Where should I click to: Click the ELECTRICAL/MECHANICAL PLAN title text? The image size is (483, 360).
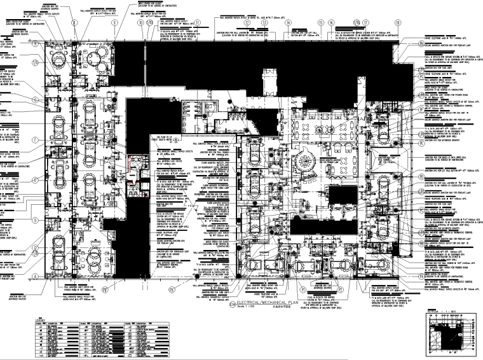coord(267,286)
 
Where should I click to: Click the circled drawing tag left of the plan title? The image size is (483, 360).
coord(229,287)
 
